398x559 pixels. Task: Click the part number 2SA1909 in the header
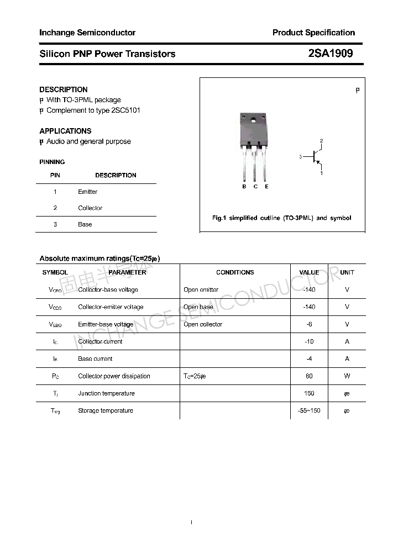[330, 54]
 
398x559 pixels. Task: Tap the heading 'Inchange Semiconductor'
[87, 33]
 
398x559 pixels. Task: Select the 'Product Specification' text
[313, 33]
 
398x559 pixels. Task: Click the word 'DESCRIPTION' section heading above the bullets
[64, 89]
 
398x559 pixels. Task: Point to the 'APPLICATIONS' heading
[65, 131]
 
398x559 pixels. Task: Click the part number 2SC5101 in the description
[126, 110]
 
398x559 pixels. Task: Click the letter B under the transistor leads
[244, 187]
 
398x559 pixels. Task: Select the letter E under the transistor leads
[266, 187]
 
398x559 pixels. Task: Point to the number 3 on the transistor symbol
[300, 157]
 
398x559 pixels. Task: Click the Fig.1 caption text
[281, 218]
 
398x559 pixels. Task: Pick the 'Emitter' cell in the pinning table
[88, 192]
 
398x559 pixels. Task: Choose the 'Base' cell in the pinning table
[85, 224]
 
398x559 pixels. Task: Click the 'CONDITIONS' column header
[235, 272]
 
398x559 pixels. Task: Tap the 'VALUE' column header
[309, 272]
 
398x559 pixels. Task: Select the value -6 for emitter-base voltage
[309, 324]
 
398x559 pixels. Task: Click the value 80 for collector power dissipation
[309, 376]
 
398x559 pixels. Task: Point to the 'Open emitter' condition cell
[201, 289]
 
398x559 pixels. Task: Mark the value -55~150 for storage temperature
[309, 410]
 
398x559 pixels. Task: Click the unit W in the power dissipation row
[347, 376]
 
